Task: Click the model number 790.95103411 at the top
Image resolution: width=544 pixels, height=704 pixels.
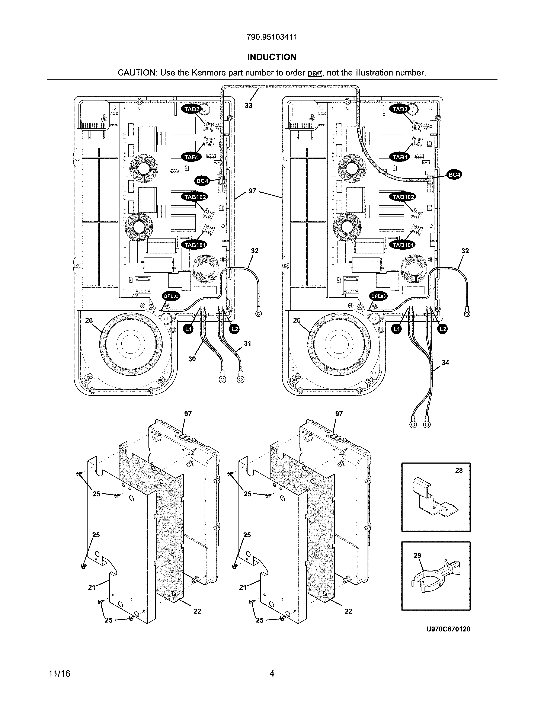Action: [x=272, y=37]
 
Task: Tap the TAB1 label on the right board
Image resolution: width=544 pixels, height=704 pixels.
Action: [x=400, y=157]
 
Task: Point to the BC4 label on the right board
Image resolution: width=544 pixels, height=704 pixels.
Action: [x=454, y=175]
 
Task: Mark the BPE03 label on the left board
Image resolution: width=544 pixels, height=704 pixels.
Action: [x=171, y=296]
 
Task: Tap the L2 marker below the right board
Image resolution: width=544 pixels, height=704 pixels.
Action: [x=443, y=329]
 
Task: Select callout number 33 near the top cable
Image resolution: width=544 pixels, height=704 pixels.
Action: [x=249, y=105]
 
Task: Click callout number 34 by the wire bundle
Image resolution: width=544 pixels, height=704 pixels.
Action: [x=445, y=363]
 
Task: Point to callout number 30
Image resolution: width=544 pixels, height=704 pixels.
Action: [x=192, y=359]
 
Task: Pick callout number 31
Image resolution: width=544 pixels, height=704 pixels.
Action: [x=247, y=344]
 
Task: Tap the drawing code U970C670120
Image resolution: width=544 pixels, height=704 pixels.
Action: [x=448, y=629]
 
